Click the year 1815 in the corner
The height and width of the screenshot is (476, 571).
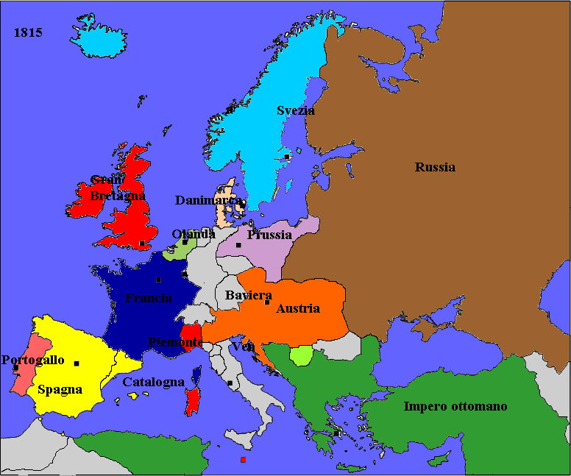point(28,33)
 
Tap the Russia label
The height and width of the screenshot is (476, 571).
point(435,167)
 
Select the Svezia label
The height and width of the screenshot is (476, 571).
point(296,110)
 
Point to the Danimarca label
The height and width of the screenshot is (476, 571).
point(208,200)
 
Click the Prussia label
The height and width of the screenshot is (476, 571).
point(269,235)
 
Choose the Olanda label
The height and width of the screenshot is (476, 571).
point(194,234)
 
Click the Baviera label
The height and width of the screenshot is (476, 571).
point(244,295)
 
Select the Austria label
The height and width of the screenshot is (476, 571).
point(298,309)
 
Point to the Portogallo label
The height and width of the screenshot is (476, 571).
point(33,360)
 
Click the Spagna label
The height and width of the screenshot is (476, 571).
point(60,390)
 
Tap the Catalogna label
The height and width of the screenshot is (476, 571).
point(153,383)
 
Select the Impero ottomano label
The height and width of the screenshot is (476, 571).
point(455,406)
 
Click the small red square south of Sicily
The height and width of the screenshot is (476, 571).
point(243,460)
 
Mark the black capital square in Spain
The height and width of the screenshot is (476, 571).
point(77,363)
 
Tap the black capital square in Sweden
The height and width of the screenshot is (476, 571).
point(287,156)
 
